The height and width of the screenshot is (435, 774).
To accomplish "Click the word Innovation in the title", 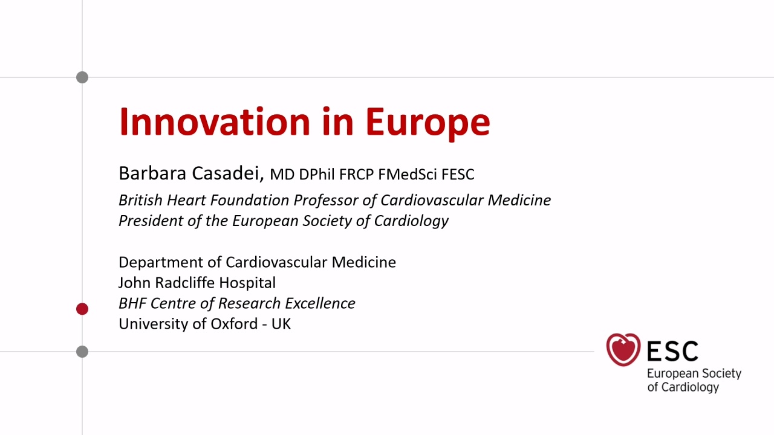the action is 215,122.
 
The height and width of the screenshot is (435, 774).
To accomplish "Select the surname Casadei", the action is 228,173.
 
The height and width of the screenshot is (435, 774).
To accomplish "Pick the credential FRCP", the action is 356,175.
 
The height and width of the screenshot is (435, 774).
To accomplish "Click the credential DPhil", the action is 317,175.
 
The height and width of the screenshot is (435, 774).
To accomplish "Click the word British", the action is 140,200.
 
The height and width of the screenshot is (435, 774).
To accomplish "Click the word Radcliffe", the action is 184,283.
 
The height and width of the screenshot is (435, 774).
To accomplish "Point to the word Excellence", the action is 320,303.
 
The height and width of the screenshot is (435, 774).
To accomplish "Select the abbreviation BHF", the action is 132,303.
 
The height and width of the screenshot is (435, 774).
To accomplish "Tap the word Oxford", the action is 234,324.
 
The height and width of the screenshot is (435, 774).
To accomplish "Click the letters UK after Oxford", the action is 281,324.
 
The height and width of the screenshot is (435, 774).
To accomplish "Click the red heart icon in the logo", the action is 623,349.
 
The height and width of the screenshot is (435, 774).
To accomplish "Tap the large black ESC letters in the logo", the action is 672,351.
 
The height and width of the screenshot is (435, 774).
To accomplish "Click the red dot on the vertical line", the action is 82,309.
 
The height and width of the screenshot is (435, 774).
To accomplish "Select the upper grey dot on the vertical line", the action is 82,77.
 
